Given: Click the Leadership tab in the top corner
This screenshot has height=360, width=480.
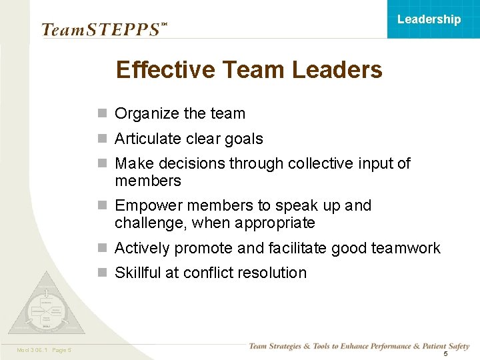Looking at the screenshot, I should (429, 19).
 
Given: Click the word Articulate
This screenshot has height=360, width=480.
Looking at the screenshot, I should (148, 139).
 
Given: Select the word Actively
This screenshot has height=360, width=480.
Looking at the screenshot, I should (142, 248).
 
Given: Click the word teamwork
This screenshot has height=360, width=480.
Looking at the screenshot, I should (406, 248).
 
